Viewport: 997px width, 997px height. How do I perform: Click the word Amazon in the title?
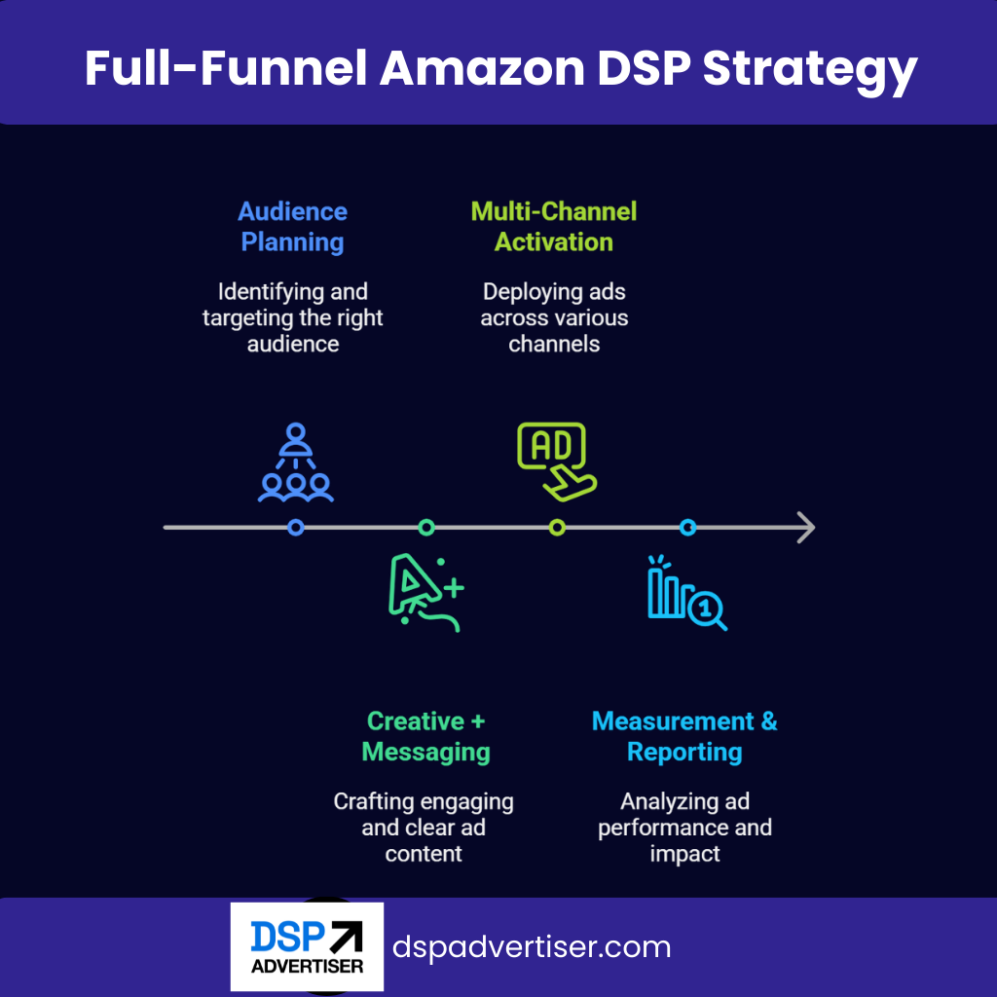point(482,68)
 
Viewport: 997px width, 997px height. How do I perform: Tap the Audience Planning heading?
point(292,226)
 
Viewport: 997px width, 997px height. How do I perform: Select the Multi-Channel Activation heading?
point(554,226)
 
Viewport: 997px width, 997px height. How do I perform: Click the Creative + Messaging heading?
point(426,736)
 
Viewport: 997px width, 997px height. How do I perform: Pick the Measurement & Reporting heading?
point(684,736)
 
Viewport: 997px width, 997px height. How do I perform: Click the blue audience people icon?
point(296,462)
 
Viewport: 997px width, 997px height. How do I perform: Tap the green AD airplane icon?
point(557,462)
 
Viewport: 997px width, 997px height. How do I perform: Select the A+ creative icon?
point(426,593)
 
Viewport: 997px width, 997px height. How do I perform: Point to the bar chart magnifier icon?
point(687,593)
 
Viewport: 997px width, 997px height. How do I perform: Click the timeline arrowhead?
point(807,527)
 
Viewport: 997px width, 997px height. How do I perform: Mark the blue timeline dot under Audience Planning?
point(296,527)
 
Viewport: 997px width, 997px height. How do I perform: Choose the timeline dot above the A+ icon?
point(426,527)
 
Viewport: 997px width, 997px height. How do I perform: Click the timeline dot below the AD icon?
point(557,527)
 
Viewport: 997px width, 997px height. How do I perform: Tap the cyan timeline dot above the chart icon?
point(688,527)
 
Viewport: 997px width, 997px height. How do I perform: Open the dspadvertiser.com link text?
point(532,946)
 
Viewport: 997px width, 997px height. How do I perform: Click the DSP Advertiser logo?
point(307,946)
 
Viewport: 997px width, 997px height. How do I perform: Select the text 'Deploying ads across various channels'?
point(554,318)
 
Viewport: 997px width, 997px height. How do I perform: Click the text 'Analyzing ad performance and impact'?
point(684,828)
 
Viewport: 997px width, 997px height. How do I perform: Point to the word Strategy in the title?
point(810,70)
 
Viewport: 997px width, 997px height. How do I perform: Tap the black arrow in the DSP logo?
point(347,938)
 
